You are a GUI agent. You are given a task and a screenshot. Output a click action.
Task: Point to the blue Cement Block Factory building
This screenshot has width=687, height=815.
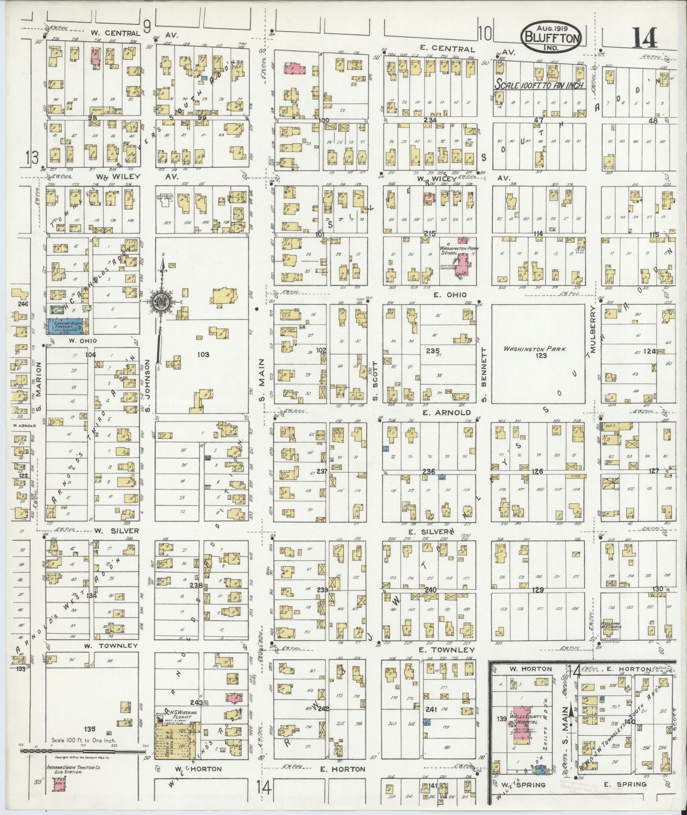[67, 326]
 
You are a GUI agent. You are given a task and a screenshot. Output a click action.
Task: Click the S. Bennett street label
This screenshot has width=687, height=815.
[483, 374]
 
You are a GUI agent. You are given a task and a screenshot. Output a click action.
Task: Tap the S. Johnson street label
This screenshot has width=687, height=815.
[148, 385]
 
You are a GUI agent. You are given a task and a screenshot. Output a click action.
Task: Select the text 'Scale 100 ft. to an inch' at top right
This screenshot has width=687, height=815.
[539, 85]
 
